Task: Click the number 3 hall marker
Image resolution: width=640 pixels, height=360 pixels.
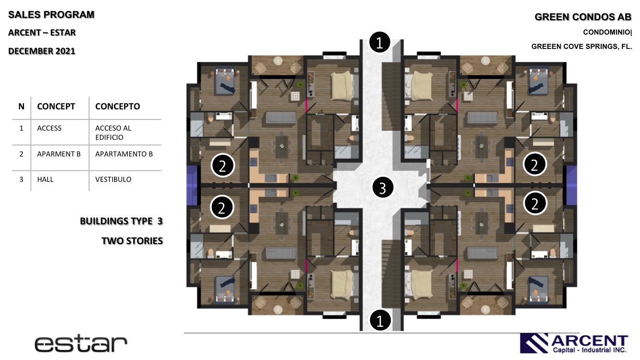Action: (383, 187)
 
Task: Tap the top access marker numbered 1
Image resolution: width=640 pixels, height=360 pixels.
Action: (380, 42)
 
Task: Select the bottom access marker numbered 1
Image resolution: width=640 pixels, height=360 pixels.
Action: (380, 320)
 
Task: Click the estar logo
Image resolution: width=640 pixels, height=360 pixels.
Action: (81, 344)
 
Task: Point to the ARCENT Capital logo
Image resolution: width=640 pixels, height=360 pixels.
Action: (574, 343)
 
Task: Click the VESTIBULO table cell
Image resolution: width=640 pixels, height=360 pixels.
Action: (113, 180)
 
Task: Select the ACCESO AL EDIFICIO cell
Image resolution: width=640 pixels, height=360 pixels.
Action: (113, 132)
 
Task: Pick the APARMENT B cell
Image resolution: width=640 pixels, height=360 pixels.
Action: (59, 154)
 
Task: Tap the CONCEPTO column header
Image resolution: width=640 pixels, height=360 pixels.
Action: (117, 106)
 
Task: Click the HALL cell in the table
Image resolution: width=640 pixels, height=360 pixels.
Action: (45, 180)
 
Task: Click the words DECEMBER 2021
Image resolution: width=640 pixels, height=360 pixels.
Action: (42, 51)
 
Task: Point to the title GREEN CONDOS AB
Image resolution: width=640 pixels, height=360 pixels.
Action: (583, 17)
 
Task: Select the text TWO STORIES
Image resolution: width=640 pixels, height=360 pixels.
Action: (132, 241)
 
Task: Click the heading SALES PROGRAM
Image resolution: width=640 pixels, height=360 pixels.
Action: (51, 15)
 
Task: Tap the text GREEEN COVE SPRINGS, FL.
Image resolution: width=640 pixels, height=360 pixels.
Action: (581, 47)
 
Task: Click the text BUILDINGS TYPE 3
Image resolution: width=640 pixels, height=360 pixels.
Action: (121, 221)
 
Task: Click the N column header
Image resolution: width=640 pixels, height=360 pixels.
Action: (21, 106)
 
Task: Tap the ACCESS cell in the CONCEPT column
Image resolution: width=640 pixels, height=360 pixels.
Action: (49, 128)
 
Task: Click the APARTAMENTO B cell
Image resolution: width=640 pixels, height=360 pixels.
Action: (124, 154)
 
